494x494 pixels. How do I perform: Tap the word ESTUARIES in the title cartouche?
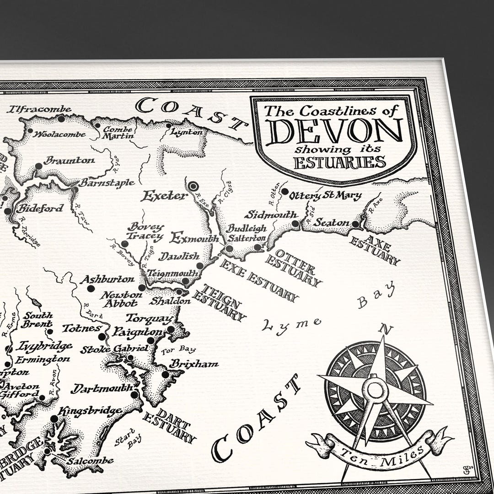click(x=339, y=162)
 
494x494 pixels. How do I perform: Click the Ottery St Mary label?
click(x=325, y=196)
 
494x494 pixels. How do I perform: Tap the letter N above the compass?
click(x=387, y=328)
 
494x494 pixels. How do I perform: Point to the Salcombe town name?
click(x=90, y=461)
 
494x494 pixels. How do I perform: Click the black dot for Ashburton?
click(x=91, y=288)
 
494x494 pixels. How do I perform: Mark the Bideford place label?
click(x=40, y=209)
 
